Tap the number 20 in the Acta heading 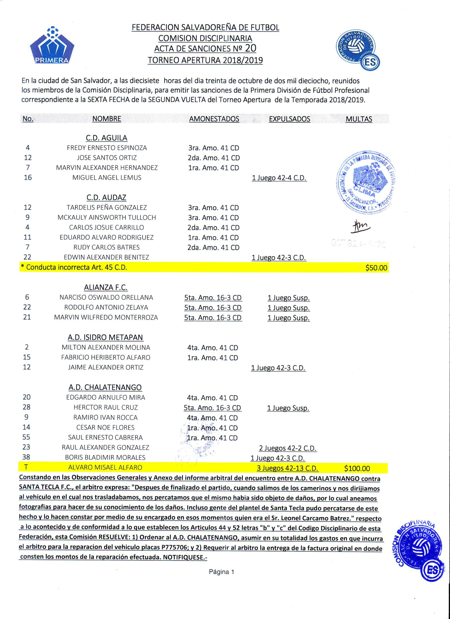click(250, 48)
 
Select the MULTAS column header click(359, 119)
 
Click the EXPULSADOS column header click(289, 119)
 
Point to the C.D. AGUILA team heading click(107, 138)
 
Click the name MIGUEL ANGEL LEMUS click(107, 178)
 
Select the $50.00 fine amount click(376, 268)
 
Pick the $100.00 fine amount click(357, 469)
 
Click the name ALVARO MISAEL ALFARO click(105, 468)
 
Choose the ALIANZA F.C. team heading click(106, 287)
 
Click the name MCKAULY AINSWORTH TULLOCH click(107, 218)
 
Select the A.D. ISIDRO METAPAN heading click(105, 337)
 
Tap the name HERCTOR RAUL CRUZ click(106, 407)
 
